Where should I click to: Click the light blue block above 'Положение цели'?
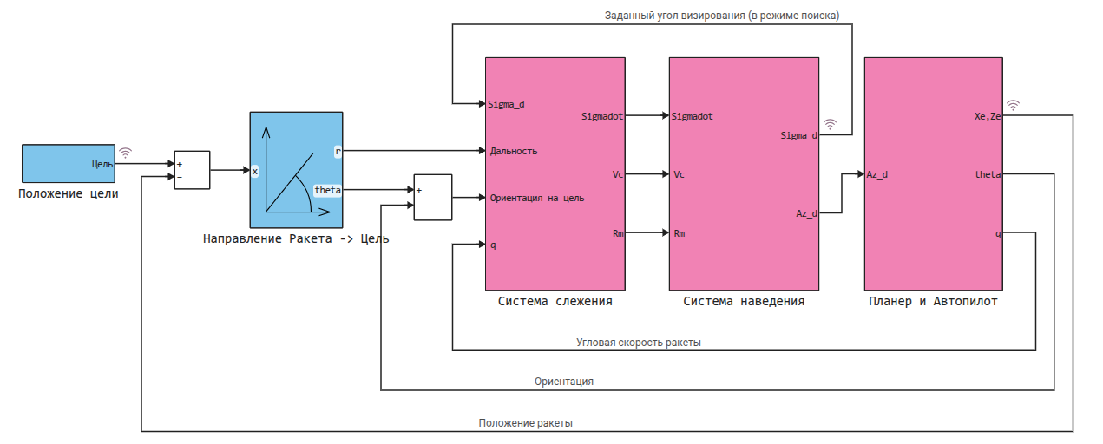coord(68,163)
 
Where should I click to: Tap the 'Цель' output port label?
coord(102,163)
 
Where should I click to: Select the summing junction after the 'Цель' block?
coord(192,170)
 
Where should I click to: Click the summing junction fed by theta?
coord(431,198)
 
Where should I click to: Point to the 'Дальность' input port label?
coord(514,151)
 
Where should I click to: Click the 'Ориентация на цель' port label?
coord(536,198)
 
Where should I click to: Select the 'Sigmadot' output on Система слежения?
coord(601,115)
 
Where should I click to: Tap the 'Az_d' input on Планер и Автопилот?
coord(876,174)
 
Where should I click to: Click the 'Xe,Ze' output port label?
coord(988,115)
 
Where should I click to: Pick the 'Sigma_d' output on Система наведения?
coord(798,135)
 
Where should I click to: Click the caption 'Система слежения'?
coord(555,302)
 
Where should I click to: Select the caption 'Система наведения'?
coord(744,302)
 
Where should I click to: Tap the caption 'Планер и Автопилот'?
coord(933,302)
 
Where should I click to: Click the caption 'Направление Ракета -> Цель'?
coord(295,238)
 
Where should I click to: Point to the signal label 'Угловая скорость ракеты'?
coord(639,343)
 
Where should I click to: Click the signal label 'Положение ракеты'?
coord(526,423)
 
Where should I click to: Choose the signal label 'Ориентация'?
coord(564,382)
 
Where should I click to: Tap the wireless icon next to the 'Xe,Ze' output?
coord(1013,105)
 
